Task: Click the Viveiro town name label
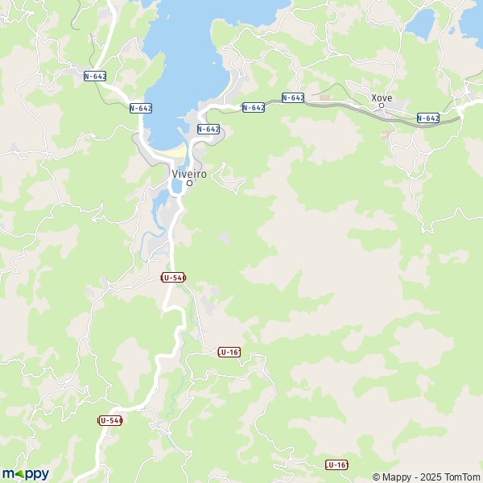(189, 173)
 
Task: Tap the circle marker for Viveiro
(189, 184)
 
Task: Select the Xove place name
(382, 97)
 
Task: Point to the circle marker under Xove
(382, 106)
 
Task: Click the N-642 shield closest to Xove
(428, 118)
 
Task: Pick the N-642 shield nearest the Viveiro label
(208, 129)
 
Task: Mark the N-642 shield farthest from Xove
(95, 76)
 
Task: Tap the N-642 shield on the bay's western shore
(141, 108)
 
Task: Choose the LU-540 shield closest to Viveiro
(173, 277)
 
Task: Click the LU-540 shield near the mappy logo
(110, 420)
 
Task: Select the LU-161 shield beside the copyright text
(336, 465)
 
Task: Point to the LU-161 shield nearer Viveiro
(229, 352)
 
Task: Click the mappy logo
(25, 474)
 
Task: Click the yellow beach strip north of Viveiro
(171, 151)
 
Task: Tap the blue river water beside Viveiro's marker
(176, 187)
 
